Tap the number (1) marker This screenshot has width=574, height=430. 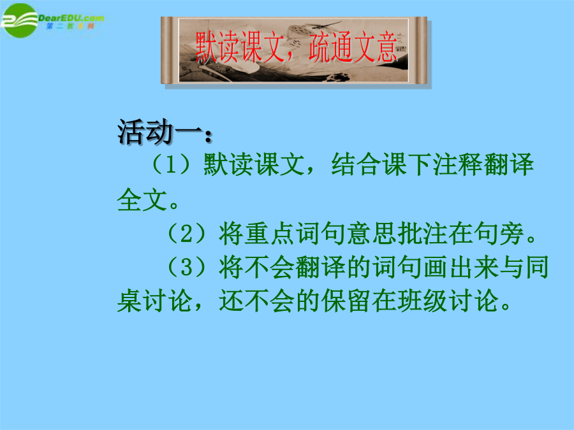(x=170, y=164)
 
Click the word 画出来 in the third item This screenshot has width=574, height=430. (x=461, y=268)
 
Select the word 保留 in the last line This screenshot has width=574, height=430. (x=346, y=301)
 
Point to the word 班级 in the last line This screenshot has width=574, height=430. (x=422, y=301)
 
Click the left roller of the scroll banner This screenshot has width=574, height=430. (x=167, y=50)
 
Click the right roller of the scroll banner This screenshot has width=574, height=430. (x=421, y=50)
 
